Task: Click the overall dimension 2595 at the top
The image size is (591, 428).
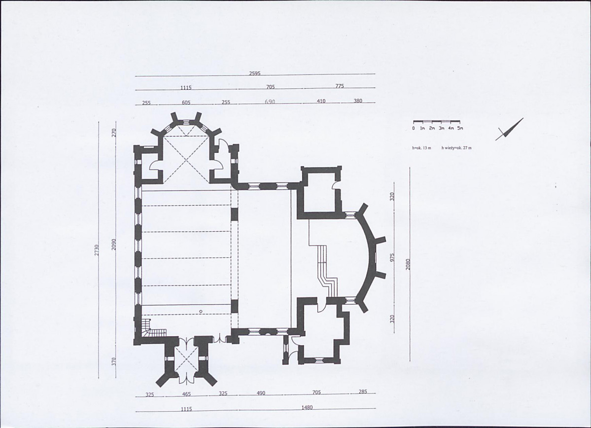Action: coord(255,73)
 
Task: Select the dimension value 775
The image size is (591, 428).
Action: coord(340,86)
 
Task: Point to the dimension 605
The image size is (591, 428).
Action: coord(186,103)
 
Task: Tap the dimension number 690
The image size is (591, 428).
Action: coord(270,102)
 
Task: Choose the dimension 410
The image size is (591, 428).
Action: coord(321,101)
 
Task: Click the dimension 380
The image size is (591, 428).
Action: coord(358,101)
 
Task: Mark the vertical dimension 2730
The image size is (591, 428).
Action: coord(97,250)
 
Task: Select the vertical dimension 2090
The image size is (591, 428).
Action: coord(114,245)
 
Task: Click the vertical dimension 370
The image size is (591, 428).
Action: coord(114,361)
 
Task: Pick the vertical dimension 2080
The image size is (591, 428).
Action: coord(408,264)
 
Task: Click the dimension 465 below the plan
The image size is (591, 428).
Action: coord(186,394)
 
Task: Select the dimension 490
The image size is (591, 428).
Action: coord(261,393)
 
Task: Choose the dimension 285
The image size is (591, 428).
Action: coord(363,392)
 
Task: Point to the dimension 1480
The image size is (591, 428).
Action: coord(307,408)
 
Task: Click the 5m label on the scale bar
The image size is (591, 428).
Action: coord(460,128)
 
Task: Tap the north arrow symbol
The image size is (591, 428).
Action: coord(509,129)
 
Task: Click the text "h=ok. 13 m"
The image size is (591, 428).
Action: coord(422,148)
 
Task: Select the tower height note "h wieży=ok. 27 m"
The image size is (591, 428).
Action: coord(456,148)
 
